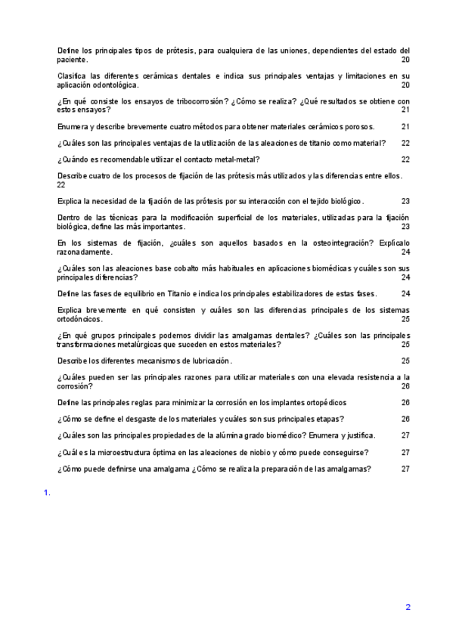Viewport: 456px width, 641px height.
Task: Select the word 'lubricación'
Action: pos(208,361)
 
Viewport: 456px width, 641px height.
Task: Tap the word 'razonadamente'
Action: pos(85,252)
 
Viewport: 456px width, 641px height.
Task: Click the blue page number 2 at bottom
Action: pos(408,607)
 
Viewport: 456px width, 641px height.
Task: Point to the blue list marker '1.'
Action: pos(47,494)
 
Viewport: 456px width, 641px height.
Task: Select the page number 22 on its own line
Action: pos(61,184)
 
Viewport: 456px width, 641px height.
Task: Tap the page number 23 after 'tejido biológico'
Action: pos(405,202)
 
